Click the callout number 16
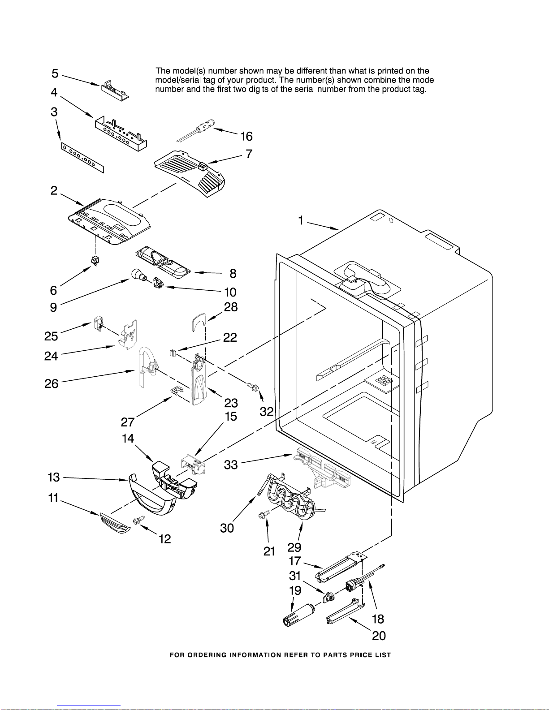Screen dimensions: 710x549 point(246,136)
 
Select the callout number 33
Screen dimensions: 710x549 point(231,465)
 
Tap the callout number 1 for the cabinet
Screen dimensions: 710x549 point(301,220)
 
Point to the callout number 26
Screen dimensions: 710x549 point(52,383)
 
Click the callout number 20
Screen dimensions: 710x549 point(379,636)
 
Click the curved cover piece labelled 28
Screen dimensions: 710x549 point(198,321)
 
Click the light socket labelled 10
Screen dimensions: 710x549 point(158,283)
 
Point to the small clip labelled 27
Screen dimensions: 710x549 point(177,391)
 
